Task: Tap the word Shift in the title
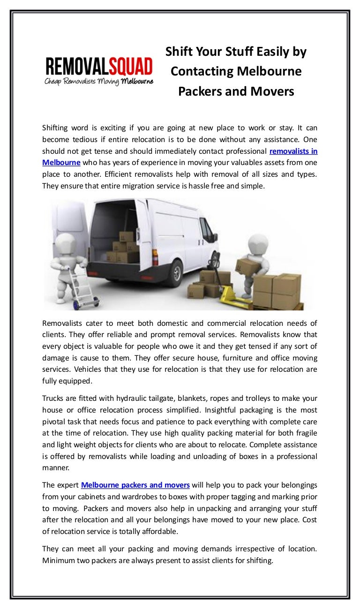point(179,52)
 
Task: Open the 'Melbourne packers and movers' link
point(135,485)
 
